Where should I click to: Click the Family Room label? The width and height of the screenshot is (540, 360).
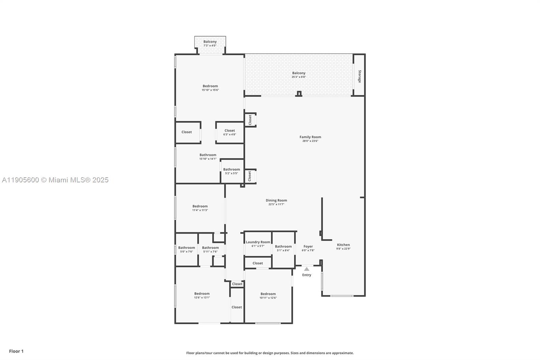310,137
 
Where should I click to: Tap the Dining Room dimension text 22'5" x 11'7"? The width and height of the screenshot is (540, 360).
276,204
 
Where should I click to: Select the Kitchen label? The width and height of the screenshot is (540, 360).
343,245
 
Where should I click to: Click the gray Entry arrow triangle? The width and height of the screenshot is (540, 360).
306,269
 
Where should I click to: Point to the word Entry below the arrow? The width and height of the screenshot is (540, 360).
306,275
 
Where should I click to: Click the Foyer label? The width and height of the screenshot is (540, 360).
308,247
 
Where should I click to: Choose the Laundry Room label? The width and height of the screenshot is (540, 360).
258,242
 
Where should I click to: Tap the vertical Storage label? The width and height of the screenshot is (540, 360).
359,76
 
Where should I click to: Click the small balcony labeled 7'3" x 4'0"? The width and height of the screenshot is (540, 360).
210,44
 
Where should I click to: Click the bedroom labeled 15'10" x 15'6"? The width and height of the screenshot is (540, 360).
210,88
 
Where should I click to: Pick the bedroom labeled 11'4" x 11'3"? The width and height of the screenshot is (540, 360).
200,208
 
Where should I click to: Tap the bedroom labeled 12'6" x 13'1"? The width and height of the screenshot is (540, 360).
202,295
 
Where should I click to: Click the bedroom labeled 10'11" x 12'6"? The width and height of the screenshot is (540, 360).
268,296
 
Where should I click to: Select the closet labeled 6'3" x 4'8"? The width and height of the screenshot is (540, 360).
230,132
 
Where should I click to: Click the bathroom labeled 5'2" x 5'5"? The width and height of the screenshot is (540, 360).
232,171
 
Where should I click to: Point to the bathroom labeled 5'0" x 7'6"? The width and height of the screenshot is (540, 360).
186,249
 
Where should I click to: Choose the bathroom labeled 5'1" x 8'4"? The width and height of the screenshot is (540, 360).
283,248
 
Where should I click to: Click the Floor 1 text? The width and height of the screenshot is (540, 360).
16,351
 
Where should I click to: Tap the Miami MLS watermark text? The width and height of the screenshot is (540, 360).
55,180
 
